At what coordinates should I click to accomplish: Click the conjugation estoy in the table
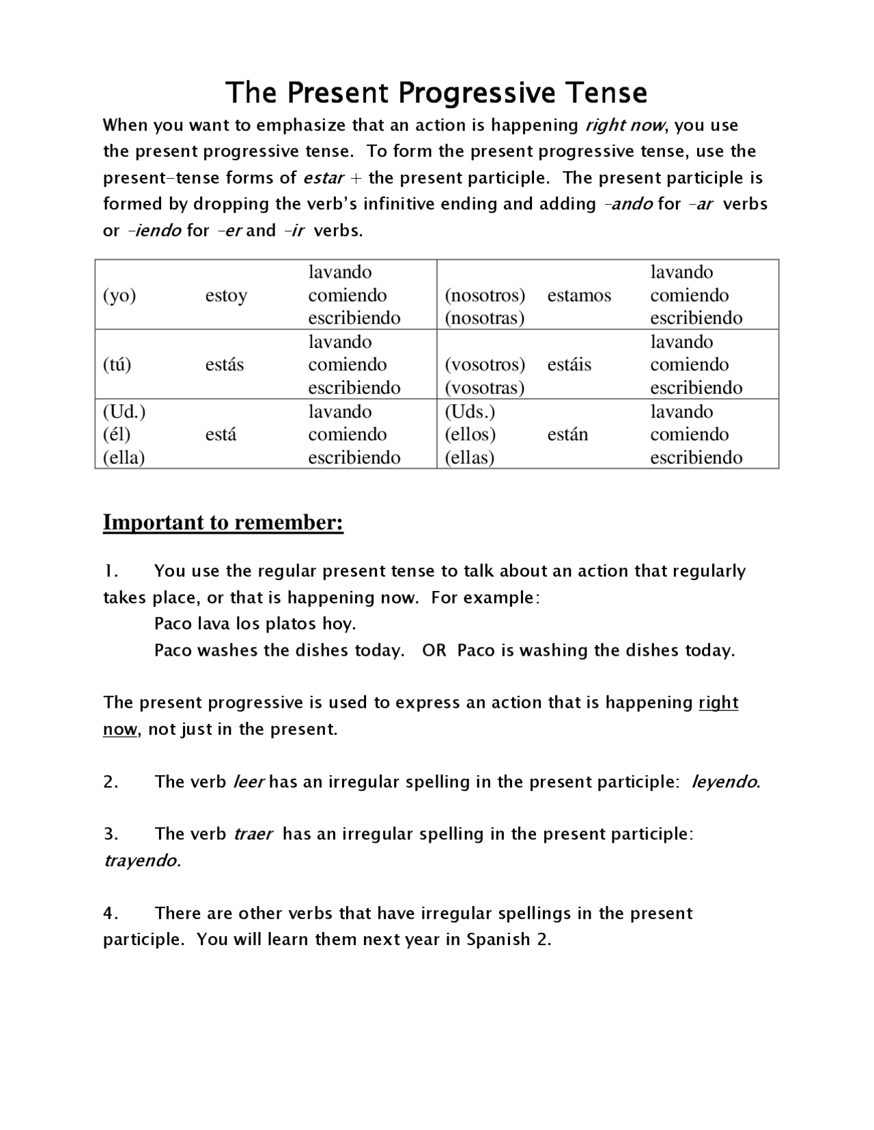(x=226, y=295)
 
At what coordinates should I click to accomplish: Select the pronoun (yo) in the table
(x=119, y=295)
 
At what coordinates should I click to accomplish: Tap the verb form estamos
(x=579, y=295)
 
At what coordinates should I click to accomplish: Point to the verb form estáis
(x=569, y=364)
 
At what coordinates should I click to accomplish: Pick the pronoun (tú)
(x=117, y=364)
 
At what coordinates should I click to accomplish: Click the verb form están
(x=567, y=435)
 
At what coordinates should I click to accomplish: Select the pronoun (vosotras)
(x=484, y=388)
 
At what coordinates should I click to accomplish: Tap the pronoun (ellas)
(x=469, y=457)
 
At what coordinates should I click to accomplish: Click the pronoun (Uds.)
(x=470, y=411)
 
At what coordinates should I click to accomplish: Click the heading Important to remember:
(x=223, y=523)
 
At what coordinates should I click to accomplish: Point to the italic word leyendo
(x=724, y=782)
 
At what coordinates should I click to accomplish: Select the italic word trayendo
(x=141, y=860)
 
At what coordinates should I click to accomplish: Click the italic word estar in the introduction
(x=323, y=178)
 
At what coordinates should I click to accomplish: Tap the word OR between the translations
(x=434, y=650)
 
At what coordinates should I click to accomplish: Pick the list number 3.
(x=111, y=834)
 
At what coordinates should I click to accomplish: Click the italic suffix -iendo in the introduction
(x=155, y=231)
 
